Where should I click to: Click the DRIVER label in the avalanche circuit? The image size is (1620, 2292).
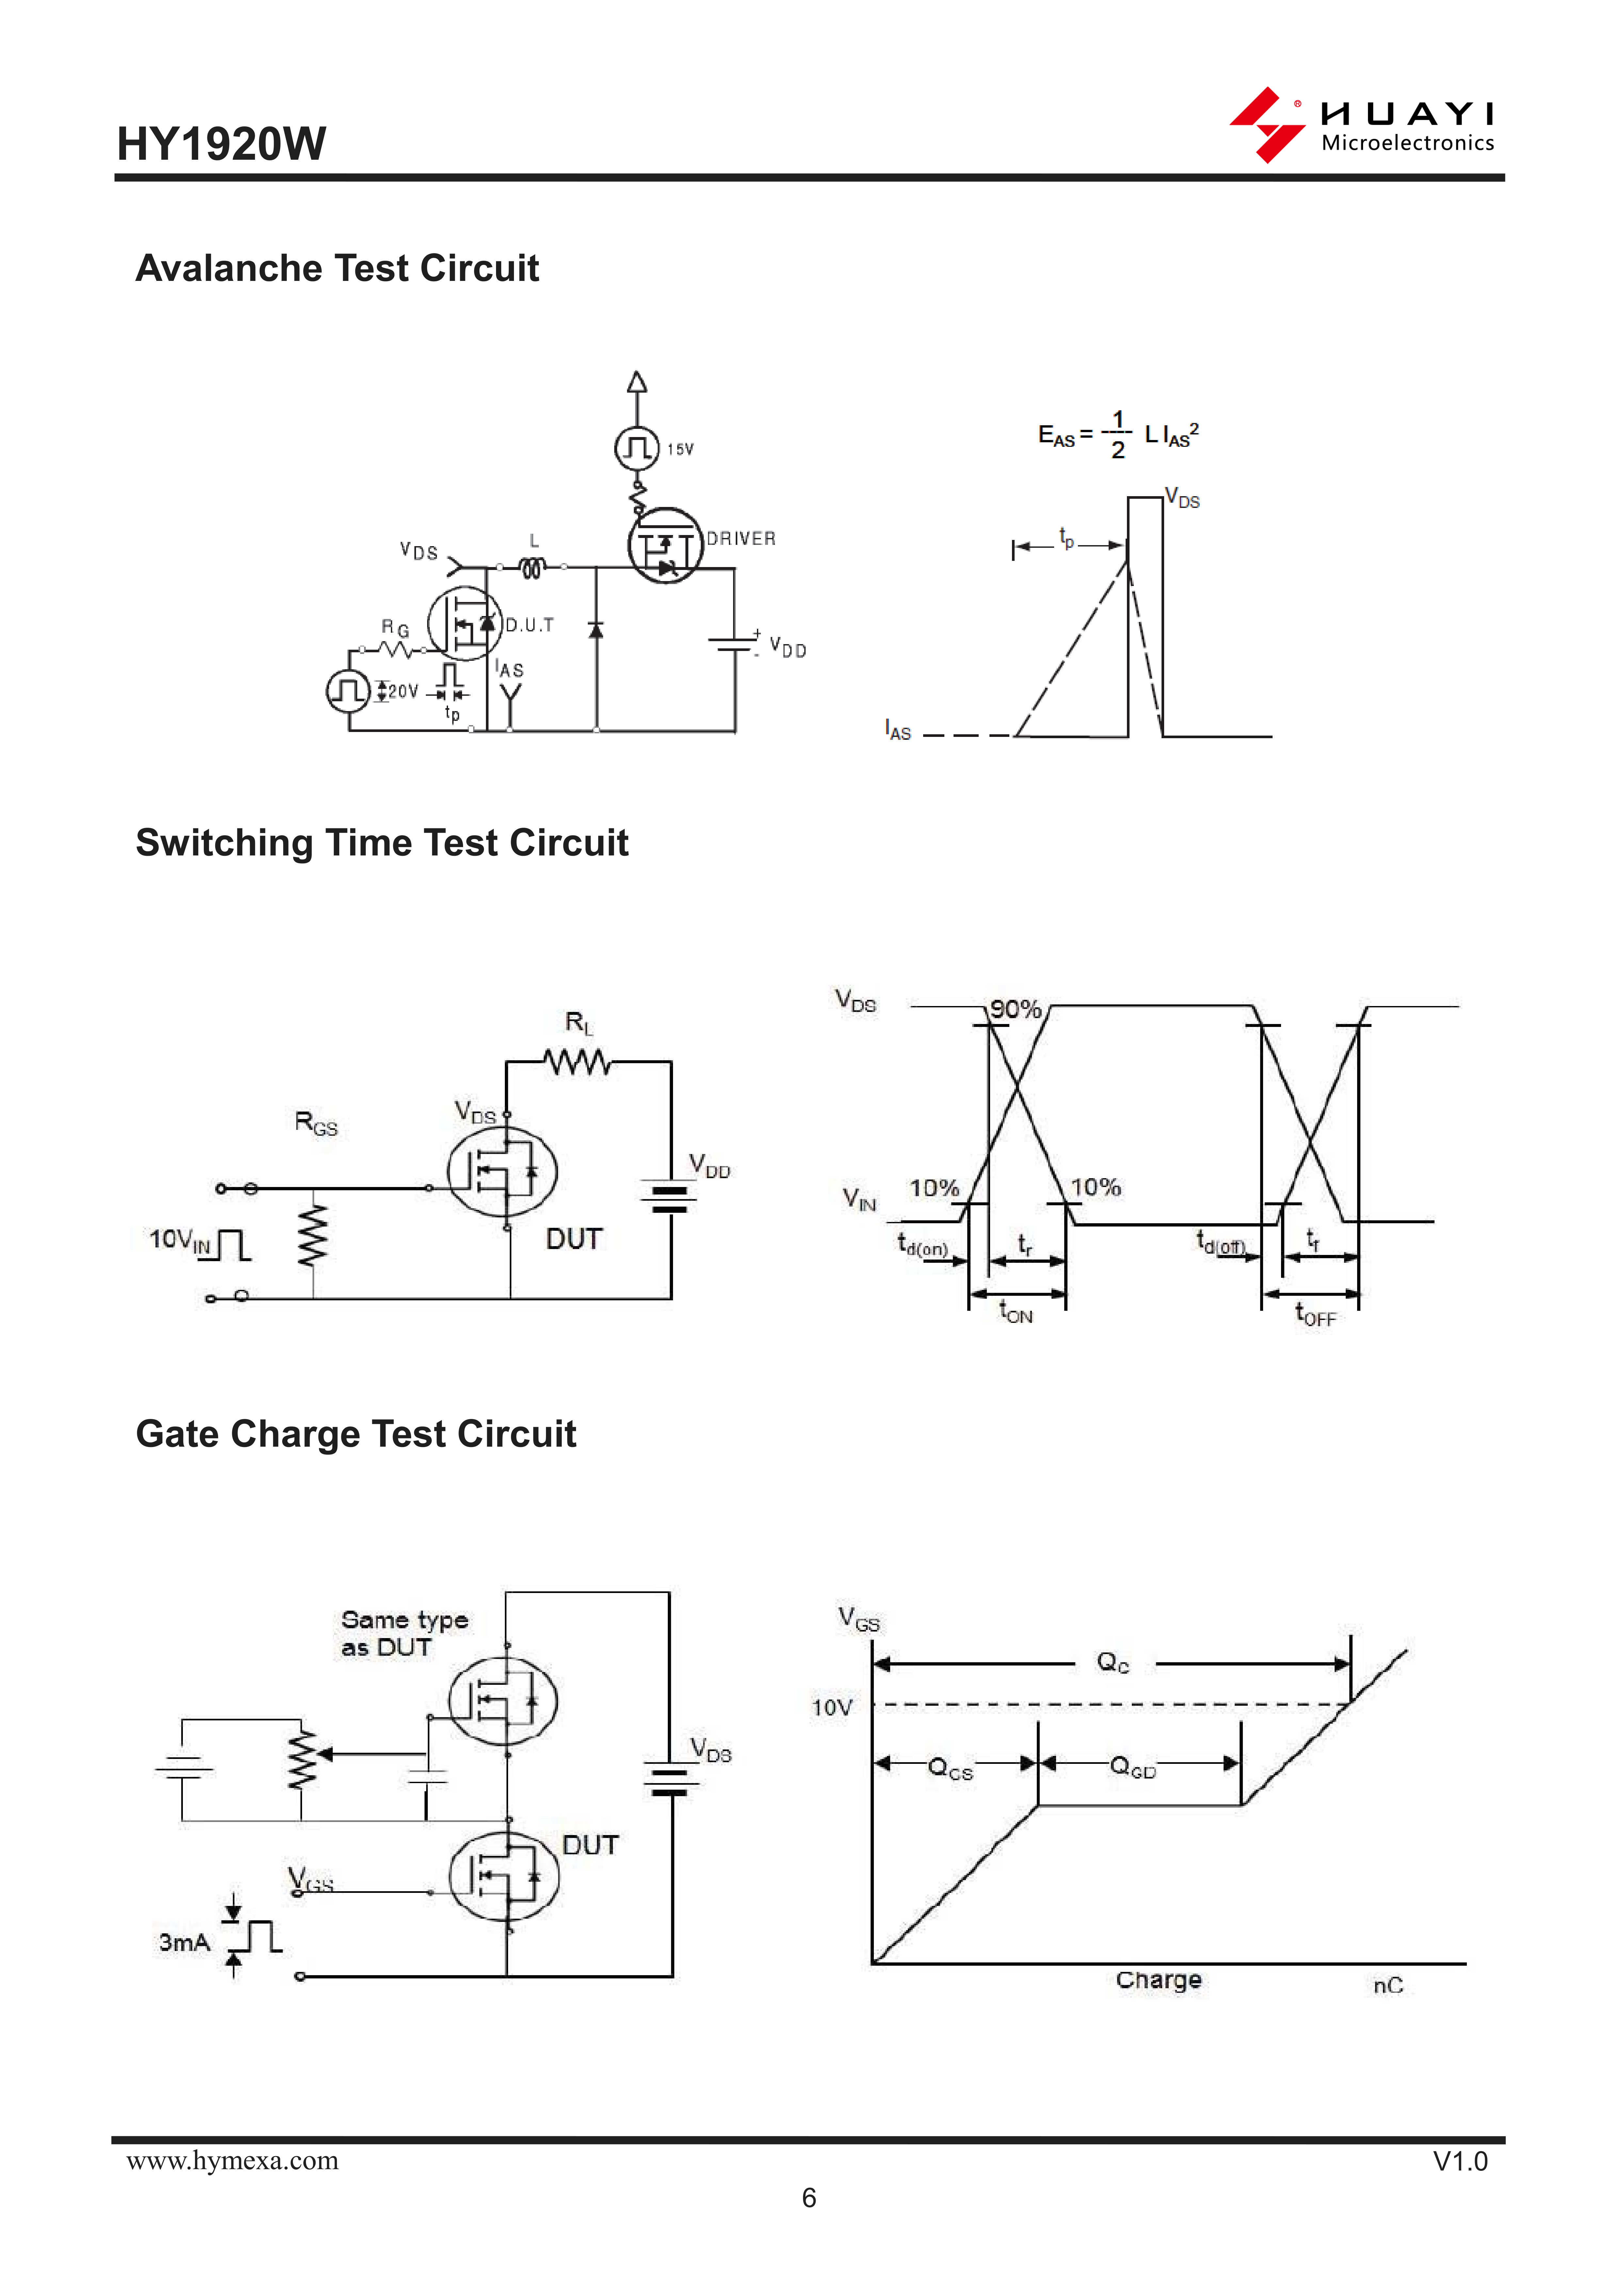tap(741, 539)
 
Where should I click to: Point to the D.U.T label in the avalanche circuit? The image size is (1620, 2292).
tap(529, 626)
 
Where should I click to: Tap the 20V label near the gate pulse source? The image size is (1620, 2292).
tap(402, 691)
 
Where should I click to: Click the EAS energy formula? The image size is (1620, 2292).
tap(1118, 435)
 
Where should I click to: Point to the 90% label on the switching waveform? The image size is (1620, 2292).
tap(1015, 1009)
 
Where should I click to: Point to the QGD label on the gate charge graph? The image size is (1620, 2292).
tap(1133, 1768)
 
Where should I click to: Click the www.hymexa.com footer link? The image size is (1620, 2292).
tap(233, 2160)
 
